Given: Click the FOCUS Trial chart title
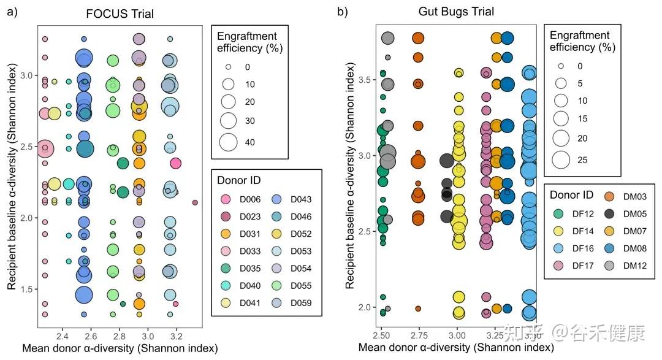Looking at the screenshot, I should click(x=120, y=13).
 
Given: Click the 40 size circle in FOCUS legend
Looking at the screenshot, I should click(x=228, y=142).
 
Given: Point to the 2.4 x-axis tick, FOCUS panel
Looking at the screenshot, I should click(x=62, y=335).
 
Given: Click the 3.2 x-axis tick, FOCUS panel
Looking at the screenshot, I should click(x=177, y=335).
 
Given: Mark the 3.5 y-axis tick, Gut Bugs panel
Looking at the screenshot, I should click(x=367, y=80).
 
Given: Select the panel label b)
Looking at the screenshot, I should click(x=343, y=12).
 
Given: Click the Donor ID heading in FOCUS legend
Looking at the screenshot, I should click(x=239, y=180).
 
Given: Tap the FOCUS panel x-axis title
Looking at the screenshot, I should click(x=120, y=348).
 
